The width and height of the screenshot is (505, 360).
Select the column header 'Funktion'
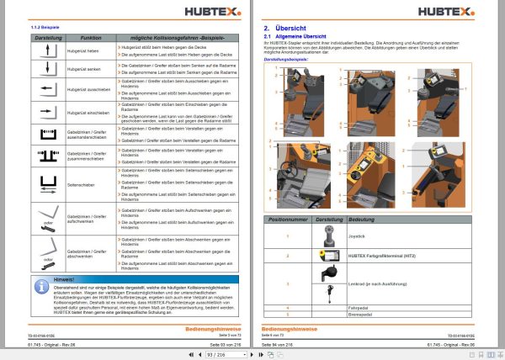click(91, 39)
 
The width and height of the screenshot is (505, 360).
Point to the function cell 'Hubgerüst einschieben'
click(91, 110)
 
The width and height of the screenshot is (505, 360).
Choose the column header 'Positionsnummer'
click(286, 218)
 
